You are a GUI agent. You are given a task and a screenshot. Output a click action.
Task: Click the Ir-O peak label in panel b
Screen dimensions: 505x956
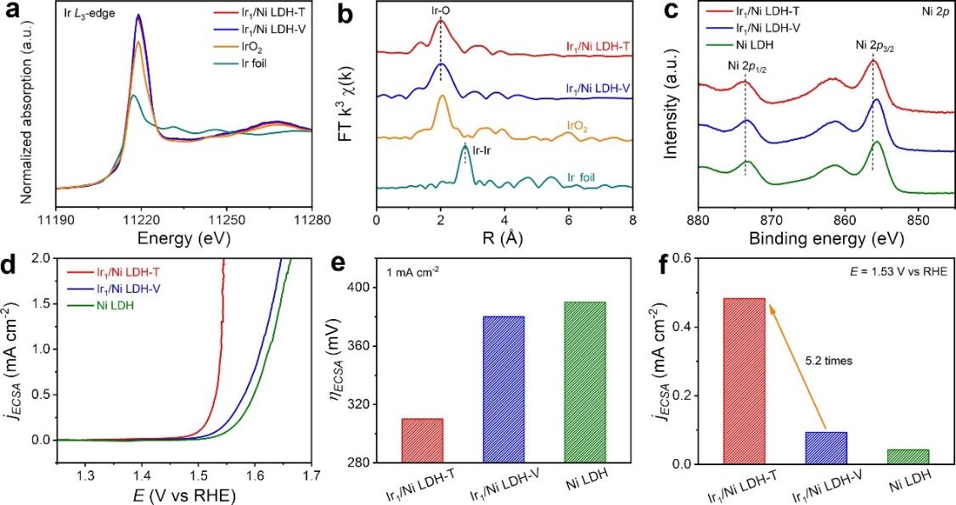pyautogui.click(x=440, y=12)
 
